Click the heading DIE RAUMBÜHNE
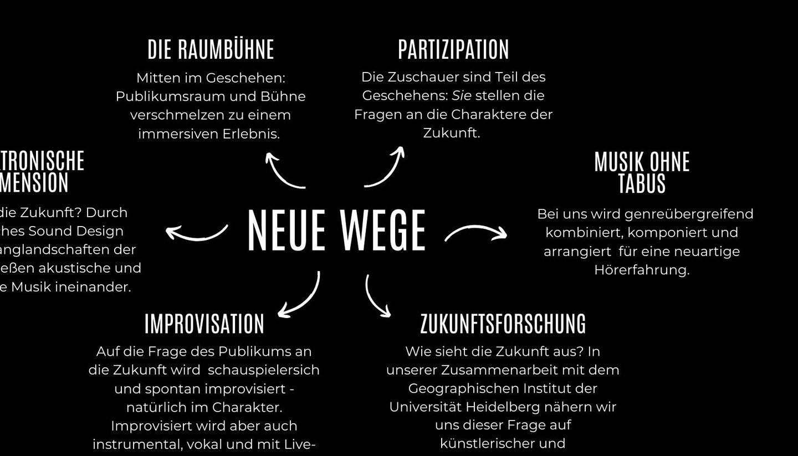[x=211, y=49]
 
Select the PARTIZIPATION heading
[x=453, y=49]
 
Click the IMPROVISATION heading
[x=204, y=324]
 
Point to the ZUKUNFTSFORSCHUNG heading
[x=503, y=324]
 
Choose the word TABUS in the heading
[x=642, y=184]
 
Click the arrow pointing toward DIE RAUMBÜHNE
[x=283, y=171]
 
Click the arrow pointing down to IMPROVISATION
[x=301, y=297]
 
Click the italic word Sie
[x=462, y=96]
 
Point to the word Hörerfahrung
[x=642, y=270]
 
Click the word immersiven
[x=172, y=134]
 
